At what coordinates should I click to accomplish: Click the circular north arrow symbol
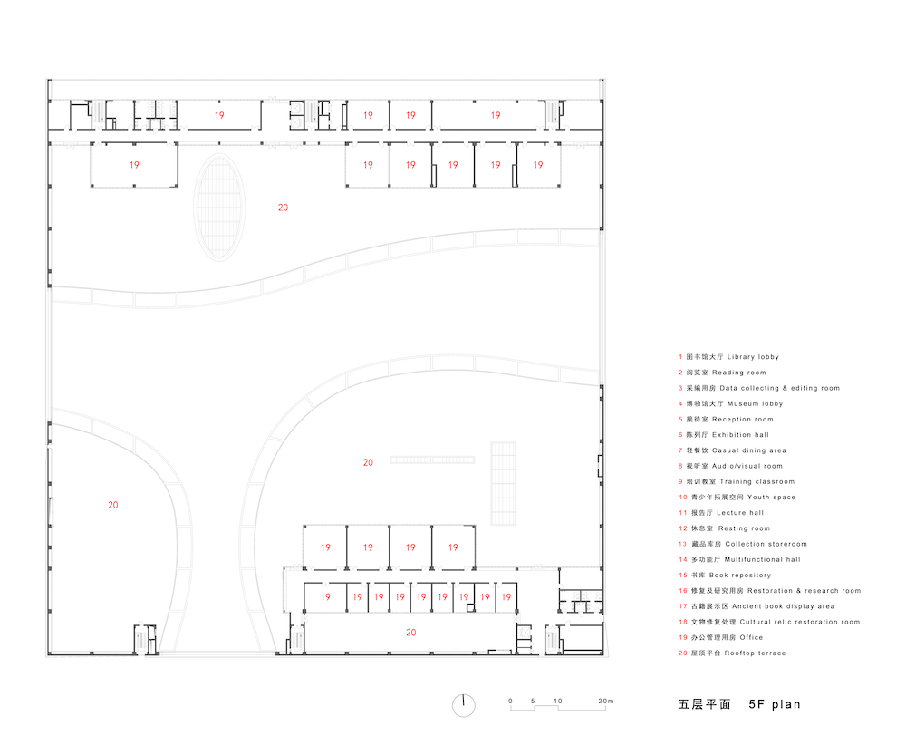click(463, 705)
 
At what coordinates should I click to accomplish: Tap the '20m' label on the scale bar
click(605, 701)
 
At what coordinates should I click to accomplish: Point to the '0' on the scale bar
click(510, 701)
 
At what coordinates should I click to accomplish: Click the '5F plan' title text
click(775, 704)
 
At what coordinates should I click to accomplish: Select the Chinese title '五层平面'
click(704, 704)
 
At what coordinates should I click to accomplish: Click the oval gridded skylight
click(219, 207)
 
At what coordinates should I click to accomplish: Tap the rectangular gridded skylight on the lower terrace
click(503, 483)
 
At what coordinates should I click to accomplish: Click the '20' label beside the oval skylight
click(283, 208)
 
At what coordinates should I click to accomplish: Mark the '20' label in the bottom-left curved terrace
click(112, 505)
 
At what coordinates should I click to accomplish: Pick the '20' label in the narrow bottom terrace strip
click(410, 633)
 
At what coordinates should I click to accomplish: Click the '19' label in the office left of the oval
click(134, 165)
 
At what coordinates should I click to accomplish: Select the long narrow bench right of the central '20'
click(432, 460)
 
